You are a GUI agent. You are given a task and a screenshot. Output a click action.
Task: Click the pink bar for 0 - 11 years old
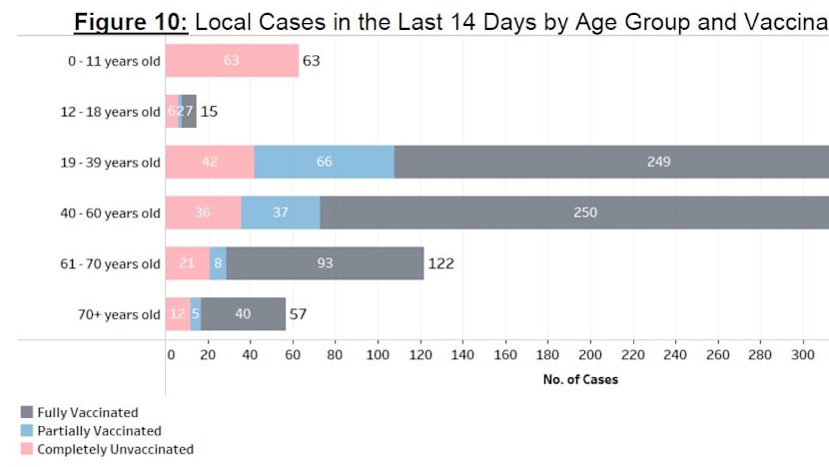click(232, 61)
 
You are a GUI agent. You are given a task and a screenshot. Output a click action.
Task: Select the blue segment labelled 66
click(324, 162)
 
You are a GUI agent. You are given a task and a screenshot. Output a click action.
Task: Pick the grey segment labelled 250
click(574, 213)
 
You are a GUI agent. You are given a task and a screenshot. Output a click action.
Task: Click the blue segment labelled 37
click(281, 213)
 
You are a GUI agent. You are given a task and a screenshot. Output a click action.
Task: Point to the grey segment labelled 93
click(325, 263)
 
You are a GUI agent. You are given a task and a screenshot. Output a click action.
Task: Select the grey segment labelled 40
click(243, 314)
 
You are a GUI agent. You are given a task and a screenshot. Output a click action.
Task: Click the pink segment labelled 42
click(210, 162)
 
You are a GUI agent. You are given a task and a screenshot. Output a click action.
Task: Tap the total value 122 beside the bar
click(442, 263)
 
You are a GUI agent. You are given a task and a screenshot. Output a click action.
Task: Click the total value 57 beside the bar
click(298, 314)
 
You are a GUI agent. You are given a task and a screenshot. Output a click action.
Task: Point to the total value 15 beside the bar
click(209, 111)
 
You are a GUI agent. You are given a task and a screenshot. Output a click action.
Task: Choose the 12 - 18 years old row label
click(110, 112)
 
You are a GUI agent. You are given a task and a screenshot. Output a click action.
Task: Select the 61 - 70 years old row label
click(110, 264)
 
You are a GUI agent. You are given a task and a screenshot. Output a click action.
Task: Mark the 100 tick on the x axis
click(378, 354)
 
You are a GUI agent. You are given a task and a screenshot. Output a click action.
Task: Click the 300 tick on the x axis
click(801, 354)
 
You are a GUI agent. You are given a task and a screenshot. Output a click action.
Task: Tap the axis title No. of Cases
click(580, 379)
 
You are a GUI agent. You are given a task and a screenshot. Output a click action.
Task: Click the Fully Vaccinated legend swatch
click(27, 412)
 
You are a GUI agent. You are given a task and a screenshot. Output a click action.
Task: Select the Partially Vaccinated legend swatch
click(27, 431)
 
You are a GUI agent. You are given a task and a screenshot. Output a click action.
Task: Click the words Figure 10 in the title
click(131, 22)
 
